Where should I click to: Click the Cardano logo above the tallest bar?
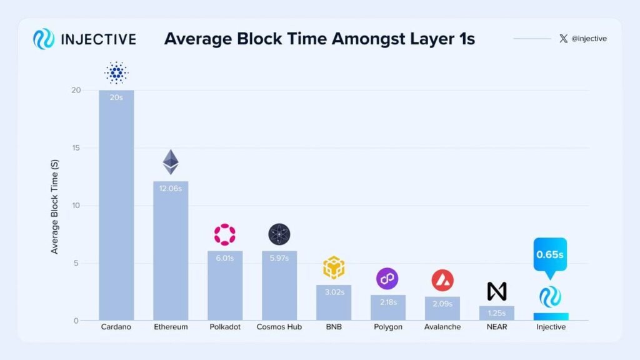coord(116,73)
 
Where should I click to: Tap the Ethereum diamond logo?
coord(171,162)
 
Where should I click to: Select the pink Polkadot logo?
coord(225,234)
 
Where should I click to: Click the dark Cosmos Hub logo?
coord(279,234)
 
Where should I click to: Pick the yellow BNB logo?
coord(334,267)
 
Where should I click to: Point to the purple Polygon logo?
coord(387,279)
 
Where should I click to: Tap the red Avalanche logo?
coord(442,281)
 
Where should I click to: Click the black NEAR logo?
coord(497,291)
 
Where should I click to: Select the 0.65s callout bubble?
coord(550,255)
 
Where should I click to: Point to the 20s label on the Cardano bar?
coord(116,98)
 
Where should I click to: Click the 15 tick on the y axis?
coord(76,148)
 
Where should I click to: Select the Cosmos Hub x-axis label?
coord(279,327)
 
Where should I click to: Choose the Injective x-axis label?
coord(551,327)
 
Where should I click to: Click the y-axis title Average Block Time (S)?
coord(55,206)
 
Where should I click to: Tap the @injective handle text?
coord(589,39)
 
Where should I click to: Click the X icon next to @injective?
coord(564,39)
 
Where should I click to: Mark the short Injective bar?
coord(551,316)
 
